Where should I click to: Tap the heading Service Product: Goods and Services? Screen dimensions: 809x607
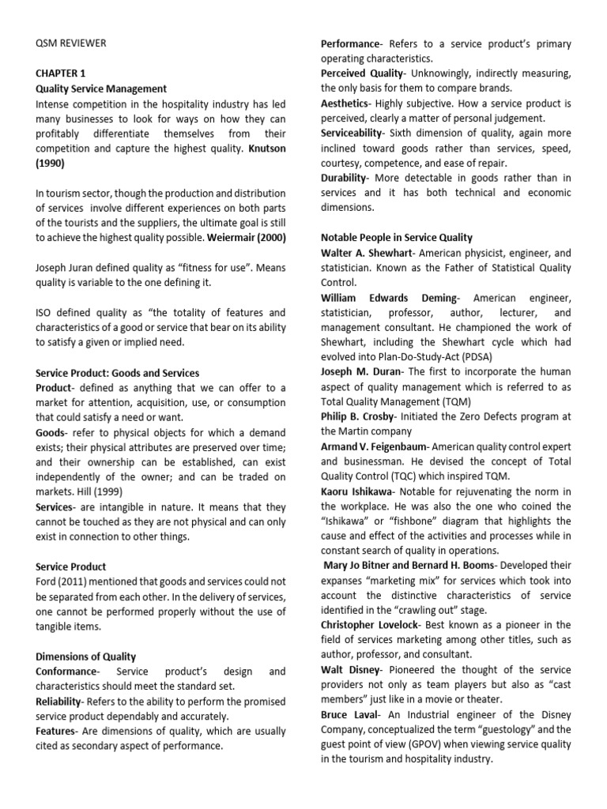coord(118,373)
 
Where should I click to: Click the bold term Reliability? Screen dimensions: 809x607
coord(61,701)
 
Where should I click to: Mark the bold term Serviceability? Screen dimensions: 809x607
coord(357,134)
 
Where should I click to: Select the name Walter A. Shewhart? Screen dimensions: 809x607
coord(368,253)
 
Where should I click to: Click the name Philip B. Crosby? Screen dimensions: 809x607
coord(360,416)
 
